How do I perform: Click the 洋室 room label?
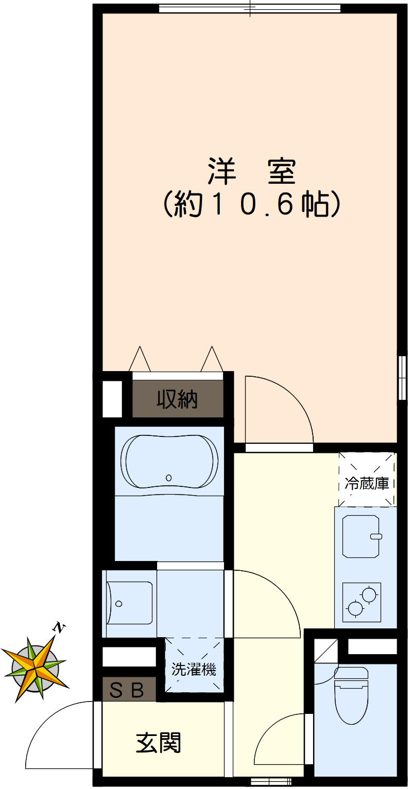click(x=252, y=172)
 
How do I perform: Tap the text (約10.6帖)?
click(x=252, y=205)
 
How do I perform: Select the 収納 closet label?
click(x=177, y=399)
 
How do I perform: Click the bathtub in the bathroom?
click(x=169, y=461)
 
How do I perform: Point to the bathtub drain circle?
click(x=169, y=478)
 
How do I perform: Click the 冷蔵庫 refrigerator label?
click(x=367, y=484)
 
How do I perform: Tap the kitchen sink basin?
click(x=362, y=536)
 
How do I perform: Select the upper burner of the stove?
click(x=369, y=595)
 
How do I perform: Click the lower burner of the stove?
click(x=355, y=608)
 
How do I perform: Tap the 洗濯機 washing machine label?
click(x=194, y=670)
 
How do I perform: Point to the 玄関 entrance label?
click(x=159, y=743)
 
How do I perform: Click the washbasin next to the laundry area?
click(x=130, y=603)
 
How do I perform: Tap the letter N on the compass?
click(x=60, y=627)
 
